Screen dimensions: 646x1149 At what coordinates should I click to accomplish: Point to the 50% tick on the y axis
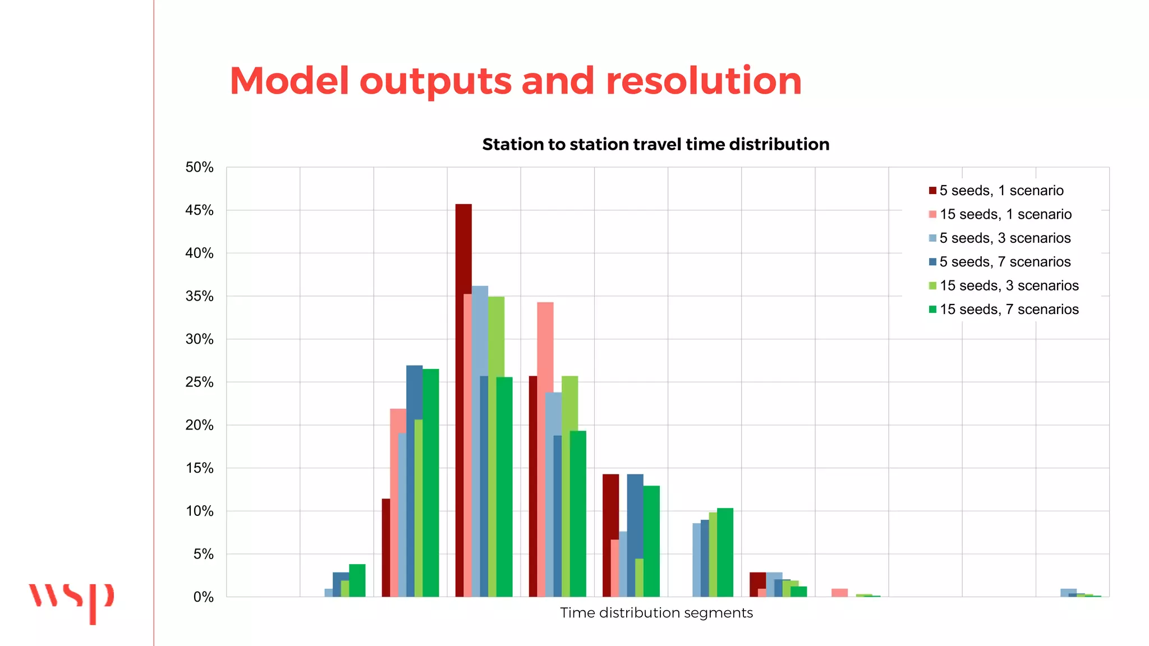click(200, 167)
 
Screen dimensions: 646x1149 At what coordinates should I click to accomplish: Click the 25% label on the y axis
click(200, 382)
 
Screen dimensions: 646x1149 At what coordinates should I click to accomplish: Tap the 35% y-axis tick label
click(200, 296)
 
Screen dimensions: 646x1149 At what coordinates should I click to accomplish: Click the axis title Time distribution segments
click(656, 613)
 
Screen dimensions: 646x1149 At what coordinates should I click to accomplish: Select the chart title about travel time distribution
click(655, 145)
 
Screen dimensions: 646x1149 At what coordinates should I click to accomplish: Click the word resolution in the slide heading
click(704, 81)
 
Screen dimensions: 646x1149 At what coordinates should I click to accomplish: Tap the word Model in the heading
click(289, 81)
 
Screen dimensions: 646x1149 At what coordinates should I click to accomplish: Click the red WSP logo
click(72, 601)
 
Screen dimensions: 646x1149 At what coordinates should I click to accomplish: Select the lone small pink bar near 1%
click(839, 593)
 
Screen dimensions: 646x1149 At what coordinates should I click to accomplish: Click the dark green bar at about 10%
click(725, 552)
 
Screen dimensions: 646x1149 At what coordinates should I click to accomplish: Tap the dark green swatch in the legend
click(932, 310)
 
